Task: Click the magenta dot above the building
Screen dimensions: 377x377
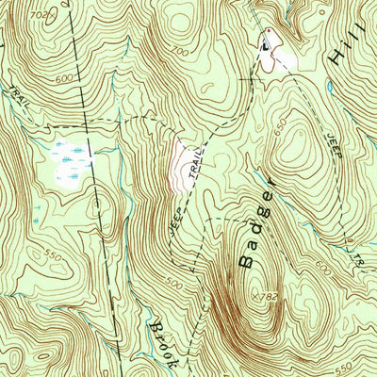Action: (x=268, y=31)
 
